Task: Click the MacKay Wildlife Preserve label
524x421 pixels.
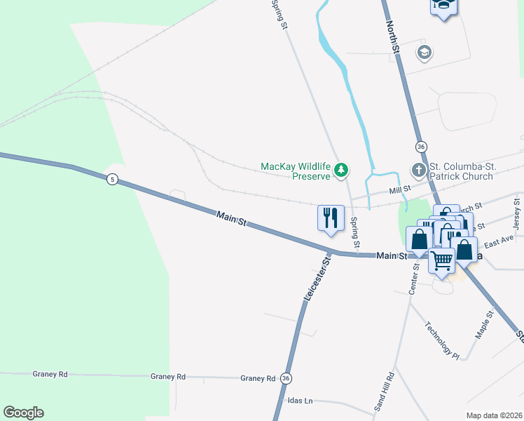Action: (294, 171)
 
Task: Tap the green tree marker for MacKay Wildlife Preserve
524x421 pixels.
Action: (341, 169)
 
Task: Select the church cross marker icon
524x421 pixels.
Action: (418, 170)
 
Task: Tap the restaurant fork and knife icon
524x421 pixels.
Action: (331, 217)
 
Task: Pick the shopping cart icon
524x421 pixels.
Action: (441, 259)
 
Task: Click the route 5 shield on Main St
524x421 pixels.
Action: (111, 180)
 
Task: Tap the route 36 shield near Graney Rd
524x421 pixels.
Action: (286, 378)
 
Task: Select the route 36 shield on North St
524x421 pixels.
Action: (420, 147)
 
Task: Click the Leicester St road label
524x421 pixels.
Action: (316, 279)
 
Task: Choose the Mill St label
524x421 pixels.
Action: (400, 189)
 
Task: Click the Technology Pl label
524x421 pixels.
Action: (442, 341)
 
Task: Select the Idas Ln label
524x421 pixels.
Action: (300, 401)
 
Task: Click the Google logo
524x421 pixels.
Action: (23, 413)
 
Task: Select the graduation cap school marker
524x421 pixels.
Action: (423, 52)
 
